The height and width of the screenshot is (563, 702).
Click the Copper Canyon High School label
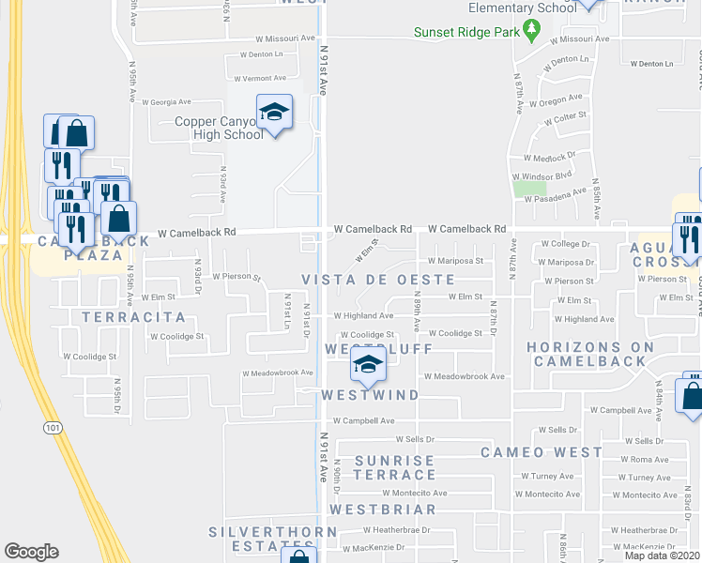(x=219, y=128)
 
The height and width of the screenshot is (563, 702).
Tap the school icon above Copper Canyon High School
(x=274, y=114)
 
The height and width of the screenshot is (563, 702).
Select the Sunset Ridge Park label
(x=467, y=32)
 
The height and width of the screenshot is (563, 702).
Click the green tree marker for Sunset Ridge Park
(x=532, y=31)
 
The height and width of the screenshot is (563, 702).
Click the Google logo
(x=31, y=552)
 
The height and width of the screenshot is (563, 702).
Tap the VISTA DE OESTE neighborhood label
(x=378, y=281)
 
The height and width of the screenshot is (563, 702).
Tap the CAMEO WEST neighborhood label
(x=542, y=452)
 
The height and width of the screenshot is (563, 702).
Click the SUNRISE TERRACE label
(x=395, y=467)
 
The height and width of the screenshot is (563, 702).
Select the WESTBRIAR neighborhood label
(x=382, y=510)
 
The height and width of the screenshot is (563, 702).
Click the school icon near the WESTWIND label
(x=368, y=366)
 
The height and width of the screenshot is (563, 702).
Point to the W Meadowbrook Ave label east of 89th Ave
(x=464, y=376)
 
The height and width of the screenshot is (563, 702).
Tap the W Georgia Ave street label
(x=167, y=101)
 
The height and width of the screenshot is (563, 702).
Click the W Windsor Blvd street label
(x=542, y=175)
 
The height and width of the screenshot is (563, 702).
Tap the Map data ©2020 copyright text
(x=662, y=555)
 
